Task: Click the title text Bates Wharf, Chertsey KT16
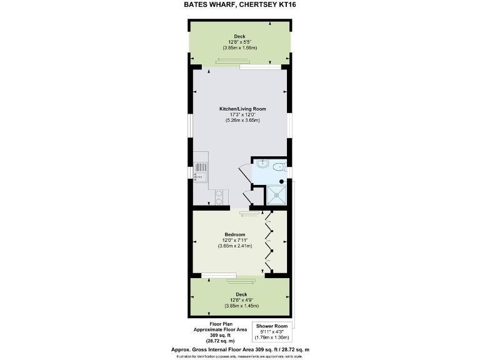pyautogui.click(x=240, y=4)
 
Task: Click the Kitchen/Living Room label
pyautogui.click(x=242, y=109)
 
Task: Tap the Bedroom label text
pyautogui.click(x=235, y=235)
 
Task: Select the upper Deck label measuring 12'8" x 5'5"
pyautogui.click(x=240, y=36)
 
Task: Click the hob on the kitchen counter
pyautogui.click(x=219, y=197)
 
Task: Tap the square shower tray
pyautogui.click(x=277, y=195)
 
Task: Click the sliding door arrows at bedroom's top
pyautogui.click(x=248, y=214)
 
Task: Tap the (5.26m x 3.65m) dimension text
pyautogui.click(x=242, y=121)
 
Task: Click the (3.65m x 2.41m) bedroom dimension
pyautogui.click(x=235, y=246)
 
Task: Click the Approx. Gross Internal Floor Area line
pyautogui.click(x=240, y=349)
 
